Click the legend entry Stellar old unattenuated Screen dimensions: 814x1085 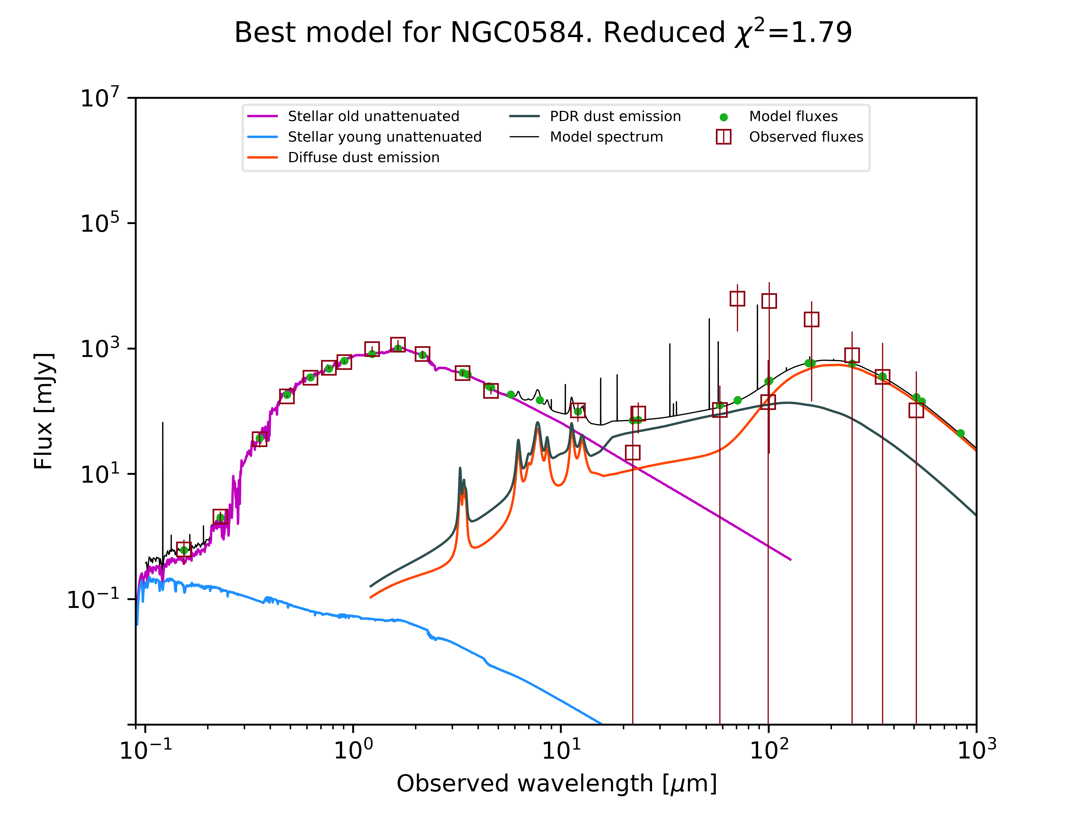click(373, 116)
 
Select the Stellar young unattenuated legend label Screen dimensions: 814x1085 click(385, 137)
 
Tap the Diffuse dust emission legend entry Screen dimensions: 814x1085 click(363, 158)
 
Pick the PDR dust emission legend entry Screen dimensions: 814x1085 click(615, 116)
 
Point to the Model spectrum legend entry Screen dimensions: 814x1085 click(606, 137)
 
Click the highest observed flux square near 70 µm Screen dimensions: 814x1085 click(737, 298)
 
